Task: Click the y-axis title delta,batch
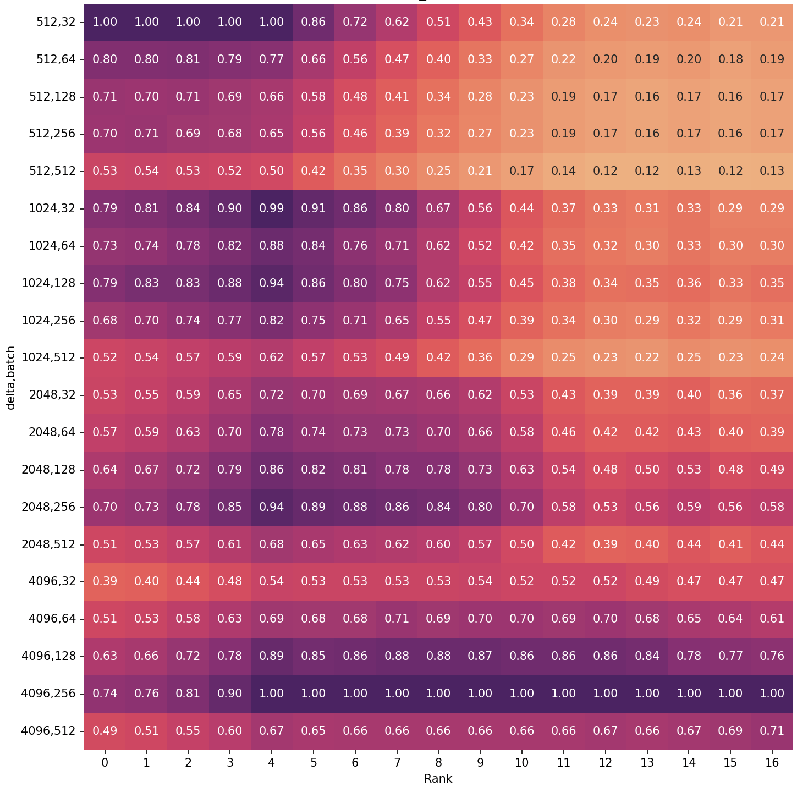(x=10, y=378)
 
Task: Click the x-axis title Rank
(x=438, y=779)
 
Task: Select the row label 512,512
(x=52, y=170)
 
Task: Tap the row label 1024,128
(x=48, y=283)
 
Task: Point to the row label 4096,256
(x=48, y=693)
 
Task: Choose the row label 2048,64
(x=52, y=432)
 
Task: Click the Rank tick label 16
(x=772, y=762)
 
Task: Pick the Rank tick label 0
(x=105, y=762)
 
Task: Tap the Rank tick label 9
(x=480, y=762)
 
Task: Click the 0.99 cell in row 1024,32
(x=272, y=208)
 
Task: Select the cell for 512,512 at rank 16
(x=772, y=171)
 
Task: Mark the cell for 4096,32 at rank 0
(x=105, y=581)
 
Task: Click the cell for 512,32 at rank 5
(x=314, y=22)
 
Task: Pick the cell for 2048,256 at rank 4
(x=272, y=507)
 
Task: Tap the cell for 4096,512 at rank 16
(x=772, y=731)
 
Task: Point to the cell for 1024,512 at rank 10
(x=522, y=357)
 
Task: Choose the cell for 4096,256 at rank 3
(x=230, y=694)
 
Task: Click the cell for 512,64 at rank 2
(x=188, y=59)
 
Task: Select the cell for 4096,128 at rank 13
(x=647, y=656)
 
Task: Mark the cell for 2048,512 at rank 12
(x=605, y=544)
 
